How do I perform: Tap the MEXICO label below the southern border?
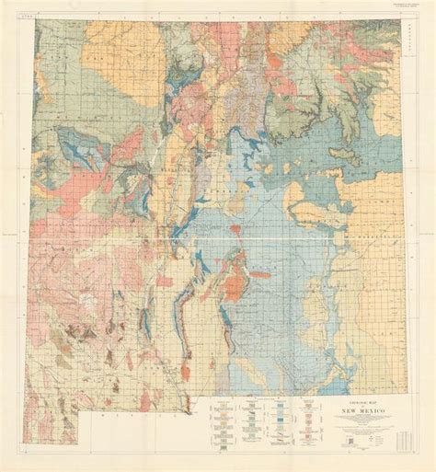129,414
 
